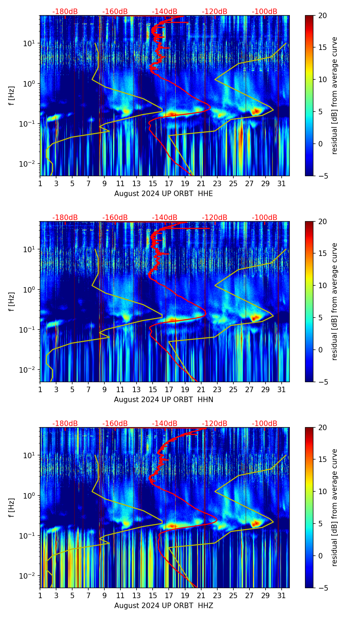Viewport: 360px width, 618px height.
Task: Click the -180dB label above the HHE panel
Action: (65, 12)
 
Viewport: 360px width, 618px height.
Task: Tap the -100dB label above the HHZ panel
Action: (265, 424)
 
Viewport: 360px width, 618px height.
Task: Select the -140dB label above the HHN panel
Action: (165, 218)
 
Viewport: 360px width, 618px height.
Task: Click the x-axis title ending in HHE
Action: (164, 194)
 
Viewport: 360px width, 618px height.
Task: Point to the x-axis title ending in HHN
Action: (164, 400)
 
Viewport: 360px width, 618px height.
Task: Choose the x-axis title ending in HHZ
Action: (164, 606)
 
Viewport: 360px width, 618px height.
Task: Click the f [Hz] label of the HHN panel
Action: (12, 301)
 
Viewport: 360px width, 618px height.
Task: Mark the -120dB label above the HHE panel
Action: (215, 12)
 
